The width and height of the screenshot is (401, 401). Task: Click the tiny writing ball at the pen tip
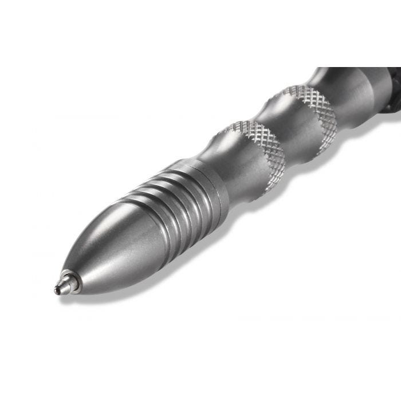57,290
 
